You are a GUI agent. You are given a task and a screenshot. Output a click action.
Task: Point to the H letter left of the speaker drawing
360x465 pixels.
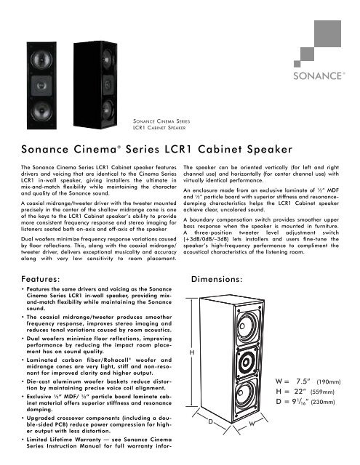[x=191, y=349]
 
